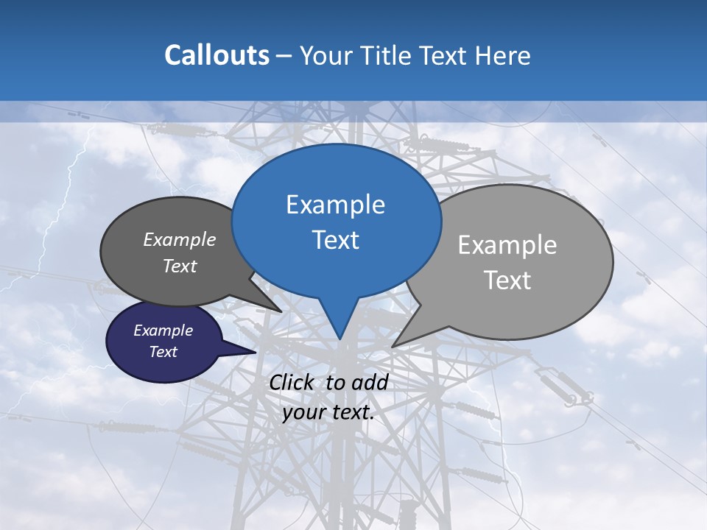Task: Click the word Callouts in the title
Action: [x=217, y=55]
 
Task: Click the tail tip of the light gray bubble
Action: [x=393, y=346]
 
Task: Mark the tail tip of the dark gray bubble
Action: [x=281, y=311]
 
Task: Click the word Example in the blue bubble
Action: [x=335, y=205]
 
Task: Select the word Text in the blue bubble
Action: [x=335, y=240]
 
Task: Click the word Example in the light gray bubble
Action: [x=507, y=245]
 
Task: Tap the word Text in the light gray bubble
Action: [x=507, y=280]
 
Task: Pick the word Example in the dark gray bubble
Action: [x=180, y=240]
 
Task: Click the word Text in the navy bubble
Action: [x=163, y=352]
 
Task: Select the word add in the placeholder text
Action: [x=370, y=383]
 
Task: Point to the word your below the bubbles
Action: [x=303, y=412]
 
